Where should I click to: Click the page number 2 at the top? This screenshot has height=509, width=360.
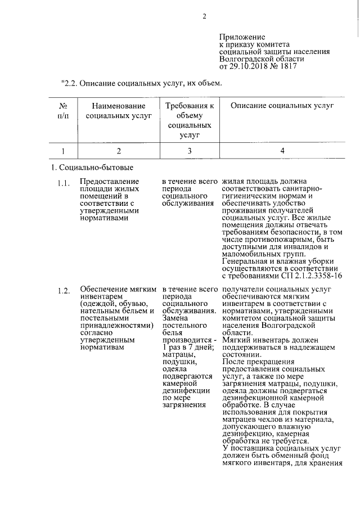[x=205, y=16]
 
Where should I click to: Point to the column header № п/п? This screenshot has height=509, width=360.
[x=63, y=111]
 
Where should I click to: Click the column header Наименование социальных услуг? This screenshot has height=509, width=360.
[x=119, y=111]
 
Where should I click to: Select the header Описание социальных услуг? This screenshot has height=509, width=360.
[x=282, y=105]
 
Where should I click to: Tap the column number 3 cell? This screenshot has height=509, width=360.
[x=189, y=150]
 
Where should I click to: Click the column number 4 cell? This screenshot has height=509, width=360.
[x=282, y=150]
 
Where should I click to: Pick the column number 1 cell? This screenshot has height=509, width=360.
[x=63, y=150]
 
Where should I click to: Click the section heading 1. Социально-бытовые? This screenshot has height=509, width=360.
[x=92, y=168]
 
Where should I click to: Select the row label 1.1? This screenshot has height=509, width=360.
[x=63, y=183]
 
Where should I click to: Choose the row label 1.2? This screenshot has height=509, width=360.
[x=63, y=290]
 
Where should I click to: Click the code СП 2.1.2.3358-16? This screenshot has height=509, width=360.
[x=311, y=276]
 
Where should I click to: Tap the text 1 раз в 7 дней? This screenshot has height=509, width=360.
[x=185, y=347]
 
